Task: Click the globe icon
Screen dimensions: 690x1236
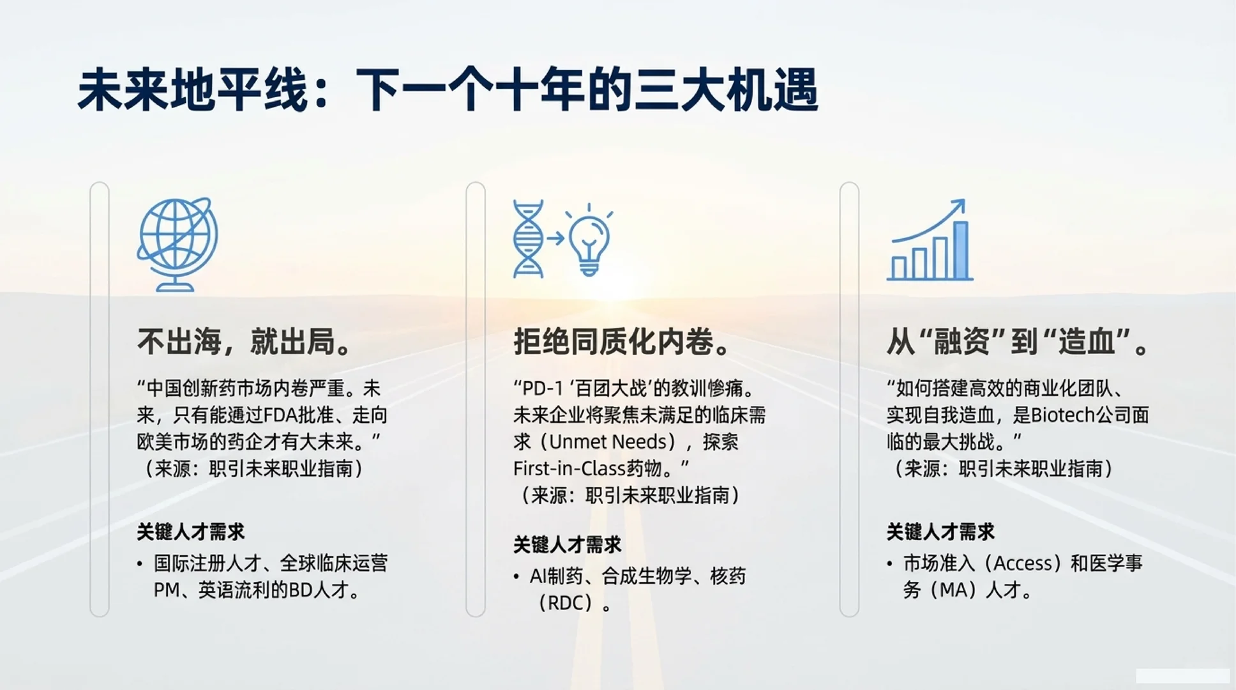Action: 177,243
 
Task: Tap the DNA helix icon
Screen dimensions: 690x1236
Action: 528,239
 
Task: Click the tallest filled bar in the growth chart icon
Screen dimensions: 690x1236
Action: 960,250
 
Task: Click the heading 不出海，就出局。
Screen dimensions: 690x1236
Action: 245,342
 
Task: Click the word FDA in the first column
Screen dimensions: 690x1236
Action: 281,416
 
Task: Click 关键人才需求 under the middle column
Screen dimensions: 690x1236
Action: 567,545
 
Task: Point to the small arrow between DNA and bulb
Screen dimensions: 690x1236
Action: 555,239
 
